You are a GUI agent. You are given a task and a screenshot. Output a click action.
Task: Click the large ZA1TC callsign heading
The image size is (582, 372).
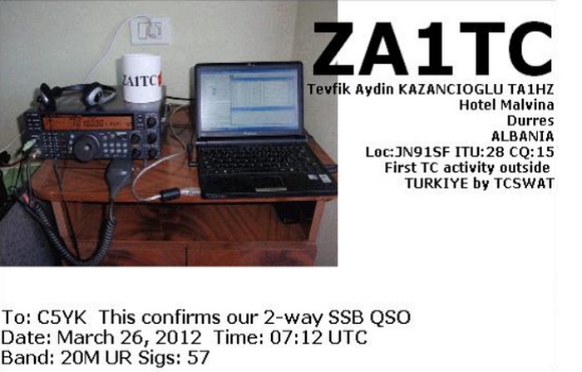tap(433, 48)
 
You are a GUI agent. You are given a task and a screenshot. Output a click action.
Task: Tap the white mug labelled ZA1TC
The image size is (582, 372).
tap(142, 78)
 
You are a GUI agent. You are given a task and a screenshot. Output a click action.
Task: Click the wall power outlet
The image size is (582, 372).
tap(150, 31)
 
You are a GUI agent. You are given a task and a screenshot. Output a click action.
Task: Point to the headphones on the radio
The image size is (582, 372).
tap(76, 95)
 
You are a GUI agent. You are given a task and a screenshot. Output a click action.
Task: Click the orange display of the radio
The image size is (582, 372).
tap(87, 123)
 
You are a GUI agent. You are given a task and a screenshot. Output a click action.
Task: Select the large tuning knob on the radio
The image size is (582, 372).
tap(86, 147)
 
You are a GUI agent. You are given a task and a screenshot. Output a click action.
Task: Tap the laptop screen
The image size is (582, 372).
tap(249, 100)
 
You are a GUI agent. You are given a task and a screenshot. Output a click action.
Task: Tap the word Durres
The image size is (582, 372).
tap(530, 120)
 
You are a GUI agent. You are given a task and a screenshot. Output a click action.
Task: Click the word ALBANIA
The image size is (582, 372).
tap(523, 136)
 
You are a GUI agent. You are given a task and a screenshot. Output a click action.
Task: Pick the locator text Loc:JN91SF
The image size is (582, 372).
tap(407, 152)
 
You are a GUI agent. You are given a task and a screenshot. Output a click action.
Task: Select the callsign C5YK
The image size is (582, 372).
tap(62, 318)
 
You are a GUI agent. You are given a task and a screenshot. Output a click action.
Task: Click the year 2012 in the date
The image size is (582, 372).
tap(178, 338)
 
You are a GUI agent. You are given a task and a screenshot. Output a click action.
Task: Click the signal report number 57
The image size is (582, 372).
tap(199, 358)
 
